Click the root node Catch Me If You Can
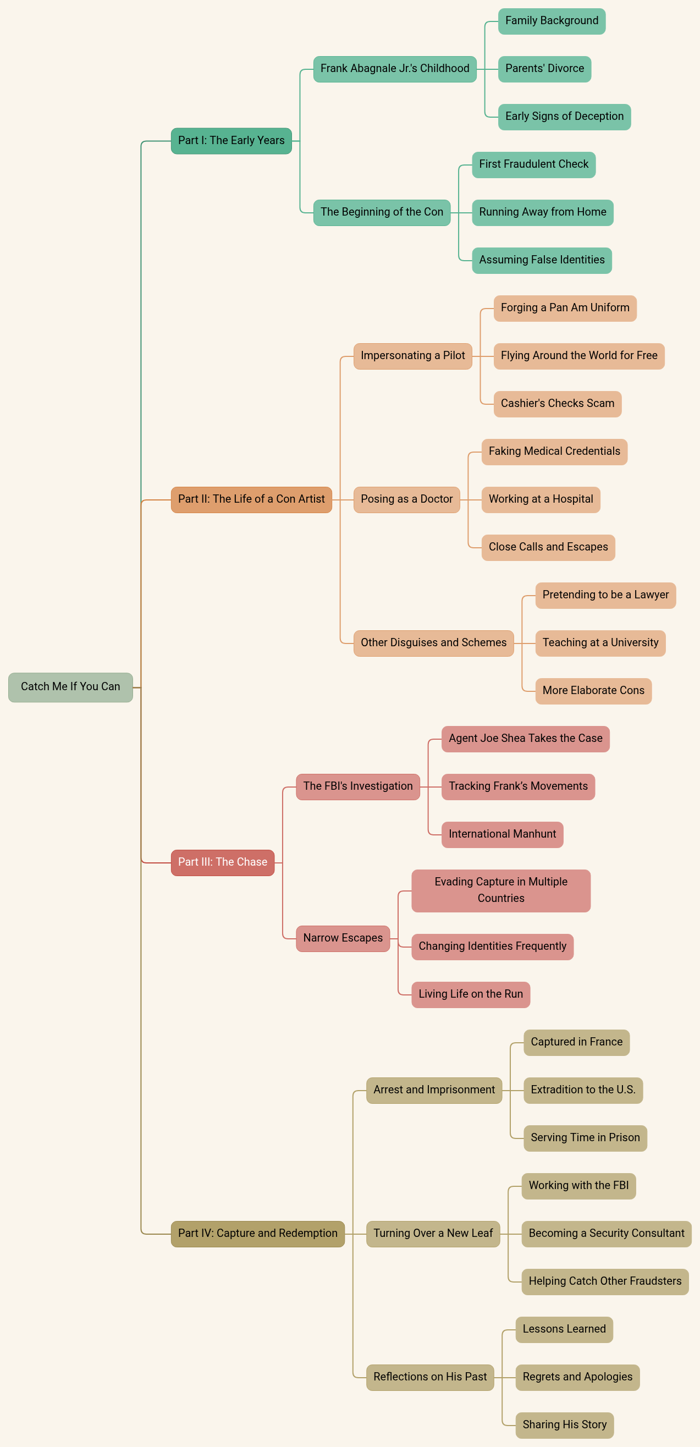point(70,687)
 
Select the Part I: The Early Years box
point(231,141)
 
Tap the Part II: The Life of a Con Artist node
point(251,499)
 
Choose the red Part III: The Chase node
point(223,862)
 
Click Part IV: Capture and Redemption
point(257,1234)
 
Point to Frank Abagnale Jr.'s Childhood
point(394,69)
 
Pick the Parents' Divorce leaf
point(544,69)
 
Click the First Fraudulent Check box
point(533,164)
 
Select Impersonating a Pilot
point(412,356)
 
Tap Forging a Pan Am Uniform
point(565,309)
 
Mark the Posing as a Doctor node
point(406,499)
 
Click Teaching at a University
point(600,643)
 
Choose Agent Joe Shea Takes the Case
point(525,739)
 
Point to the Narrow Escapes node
point(343,938)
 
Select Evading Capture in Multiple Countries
point(500,890)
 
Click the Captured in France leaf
point(576,1043)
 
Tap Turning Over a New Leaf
point(433,1234)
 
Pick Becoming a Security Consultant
point(606,1234)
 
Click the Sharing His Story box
point(564,1425)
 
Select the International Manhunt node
point(501,835)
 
